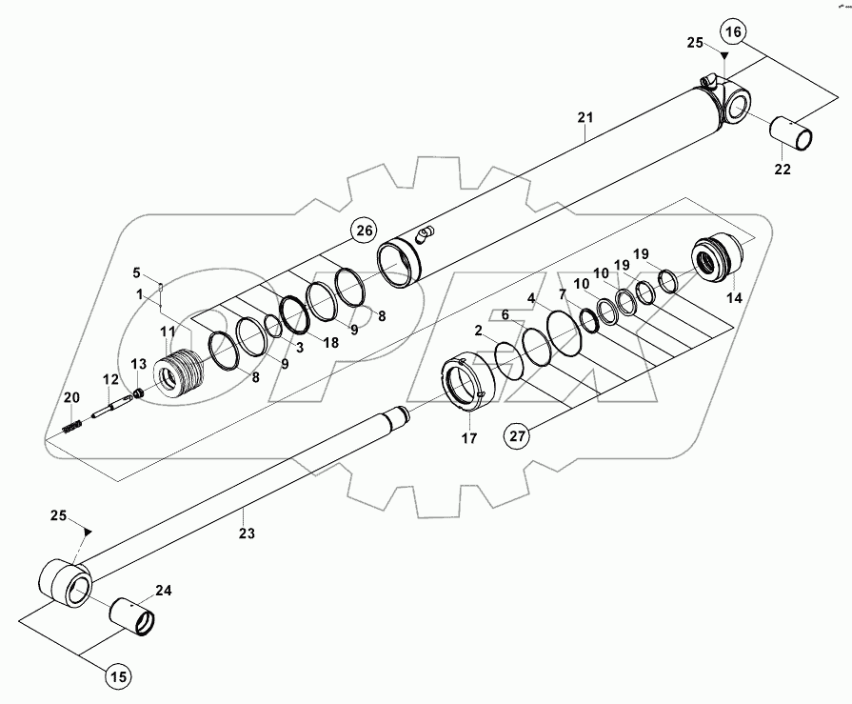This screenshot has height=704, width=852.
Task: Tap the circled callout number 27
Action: (516, 437)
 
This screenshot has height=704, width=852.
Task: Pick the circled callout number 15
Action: (117, 678)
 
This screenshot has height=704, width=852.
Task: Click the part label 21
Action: (585, 117)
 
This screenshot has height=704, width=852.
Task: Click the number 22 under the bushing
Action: (782, 169)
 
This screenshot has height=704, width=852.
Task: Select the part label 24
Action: (164, 592)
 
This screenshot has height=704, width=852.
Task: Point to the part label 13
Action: (137, 363)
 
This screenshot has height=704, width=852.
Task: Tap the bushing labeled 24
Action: (134, 617)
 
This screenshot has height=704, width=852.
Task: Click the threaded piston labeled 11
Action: (180, 371)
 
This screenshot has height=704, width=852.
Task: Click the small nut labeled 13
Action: (138, 392)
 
